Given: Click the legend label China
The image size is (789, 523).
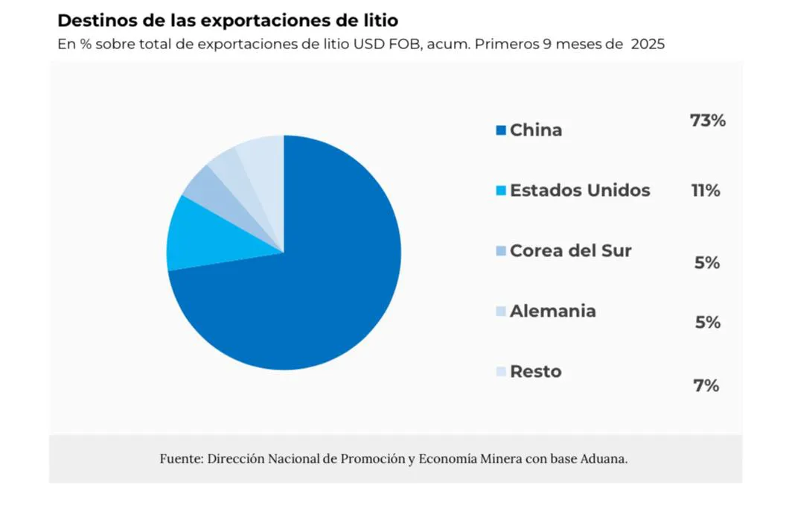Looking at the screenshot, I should pos(535,130).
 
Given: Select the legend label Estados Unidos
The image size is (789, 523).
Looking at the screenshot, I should pos(579,191).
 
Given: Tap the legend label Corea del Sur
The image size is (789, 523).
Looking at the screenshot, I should pos(570,251).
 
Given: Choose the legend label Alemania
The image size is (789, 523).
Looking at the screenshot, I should pos(552,311).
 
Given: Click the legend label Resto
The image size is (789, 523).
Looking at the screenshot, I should pos(535,372).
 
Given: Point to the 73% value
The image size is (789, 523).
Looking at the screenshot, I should pos(707,121).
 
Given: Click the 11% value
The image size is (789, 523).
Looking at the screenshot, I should pos(706,191).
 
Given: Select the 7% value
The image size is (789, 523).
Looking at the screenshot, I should pos(706,386).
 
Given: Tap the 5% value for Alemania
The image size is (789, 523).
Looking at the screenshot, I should pos(706,323).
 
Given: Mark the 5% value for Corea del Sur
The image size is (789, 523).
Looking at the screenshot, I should pos(706,263).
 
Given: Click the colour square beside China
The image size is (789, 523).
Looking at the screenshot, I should pos(500,131).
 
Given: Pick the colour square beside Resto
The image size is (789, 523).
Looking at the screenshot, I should pos(500,372).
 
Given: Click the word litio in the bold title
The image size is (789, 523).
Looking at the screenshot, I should pos(378,20).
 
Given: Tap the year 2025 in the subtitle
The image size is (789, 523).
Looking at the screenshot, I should pos(648,44).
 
